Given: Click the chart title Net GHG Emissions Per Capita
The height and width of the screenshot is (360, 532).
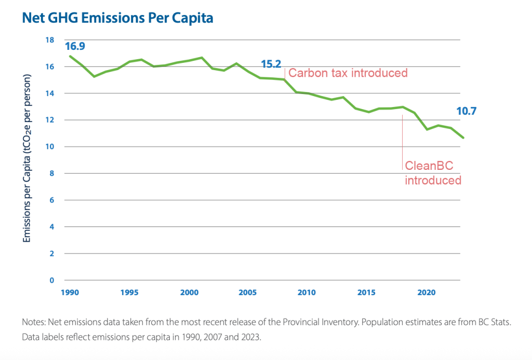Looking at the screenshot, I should click(x=117, y=18).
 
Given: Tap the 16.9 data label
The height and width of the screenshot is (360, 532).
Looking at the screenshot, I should click(x=75, y=46).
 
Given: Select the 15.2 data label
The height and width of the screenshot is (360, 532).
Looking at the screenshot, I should click(x=271, y=64).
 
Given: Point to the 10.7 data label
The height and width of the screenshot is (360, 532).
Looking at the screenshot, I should click(x=467, y=111).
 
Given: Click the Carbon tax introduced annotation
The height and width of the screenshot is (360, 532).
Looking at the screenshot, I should click(x=348, y=73).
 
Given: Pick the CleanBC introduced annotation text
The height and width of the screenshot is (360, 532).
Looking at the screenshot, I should click(x=432, y=174).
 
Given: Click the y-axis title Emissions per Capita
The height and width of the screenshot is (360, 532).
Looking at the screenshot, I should click(x=28, y=158).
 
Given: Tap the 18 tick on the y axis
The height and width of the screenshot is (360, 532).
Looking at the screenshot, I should click(x=50, y=40).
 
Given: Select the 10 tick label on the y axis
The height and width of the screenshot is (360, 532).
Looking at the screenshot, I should click(x=50, y=147).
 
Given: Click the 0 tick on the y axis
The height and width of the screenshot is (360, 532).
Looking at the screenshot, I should click(x=51, y=281).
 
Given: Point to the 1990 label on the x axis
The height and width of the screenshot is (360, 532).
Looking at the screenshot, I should click(x=70, y=292).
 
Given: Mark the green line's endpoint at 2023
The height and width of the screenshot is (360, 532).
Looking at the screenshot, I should click(x=463, y=138).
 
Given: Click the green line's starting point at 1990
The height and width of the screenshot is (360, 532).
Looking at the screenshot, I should click(x=70, y=56).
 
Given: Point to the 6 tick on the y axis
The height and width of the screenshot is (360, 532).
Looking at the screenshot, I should click(x=51, y=201).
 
